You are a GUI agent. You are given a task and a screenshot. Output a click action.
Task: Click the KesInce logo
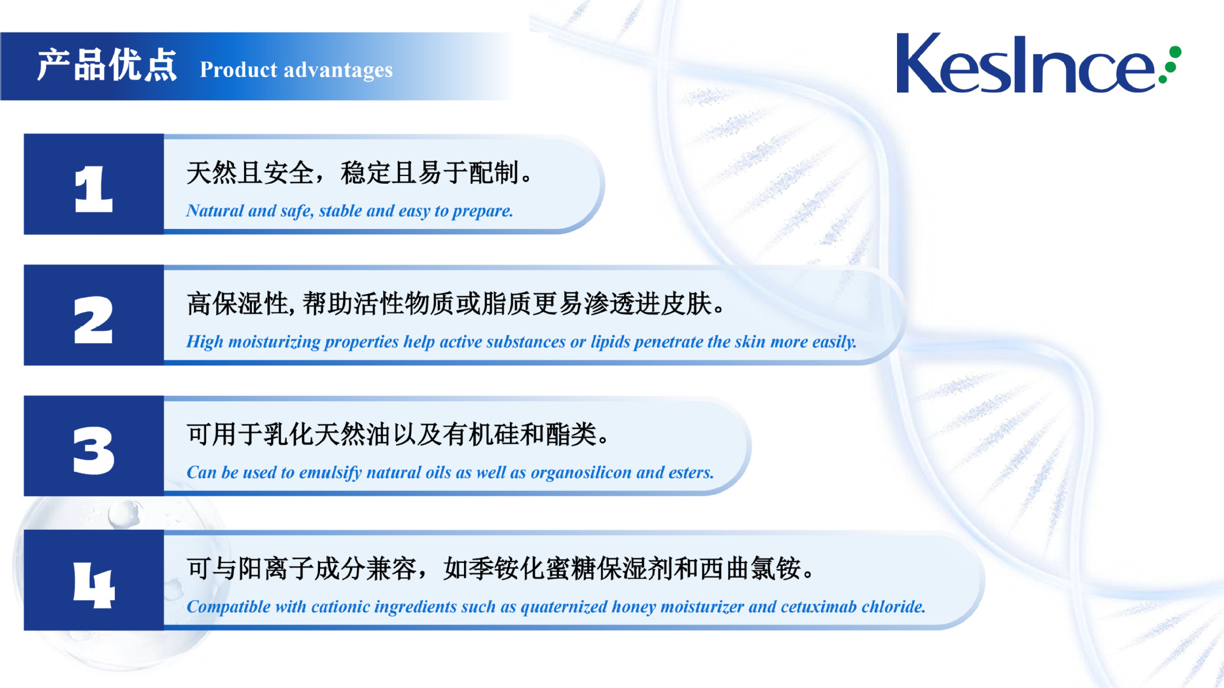1038,64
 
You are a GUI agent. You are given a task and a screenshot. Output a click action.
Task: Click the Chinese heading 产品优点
106,65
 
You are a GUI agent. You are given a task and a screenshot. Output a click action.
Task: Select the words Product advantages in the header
296,70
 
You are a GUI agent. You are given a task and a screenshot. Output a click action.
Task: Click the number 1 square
94,184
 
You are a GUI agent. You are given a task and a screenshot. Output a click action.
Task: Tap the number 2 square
94,315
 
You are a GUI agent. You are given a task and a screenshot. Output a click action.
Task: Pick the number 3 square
94,446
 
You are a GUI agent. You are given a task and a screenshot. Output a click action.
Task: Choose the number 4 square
94,580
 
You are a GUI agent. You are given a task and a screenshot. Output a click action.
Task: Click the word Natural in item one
215,210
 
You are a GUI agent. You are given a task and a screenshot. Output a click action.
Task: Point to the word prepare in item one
483,212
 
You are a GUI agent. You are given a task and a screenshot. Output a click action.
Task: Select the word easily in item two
834,342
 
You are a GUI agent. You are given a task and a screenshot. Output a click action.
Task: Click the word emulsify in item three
330,473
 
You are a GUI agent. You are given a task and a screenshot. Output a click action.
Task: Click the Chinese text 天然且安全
250,173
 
